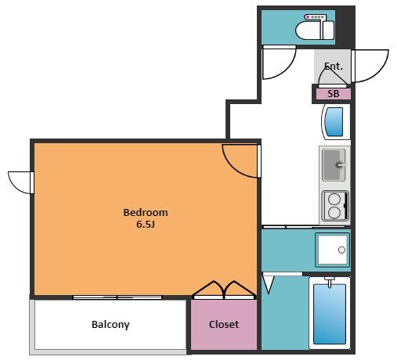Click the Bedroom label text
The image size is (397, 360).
(146, 213)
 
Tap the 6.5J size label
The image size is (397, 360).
(146, 225)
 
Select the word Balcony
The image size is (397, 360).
(110, 325)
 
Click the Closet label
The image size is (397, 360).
(224, 325)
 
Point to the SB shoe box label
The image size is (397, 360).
(334, 94)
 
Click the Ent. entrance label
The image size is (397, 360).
(334, 67)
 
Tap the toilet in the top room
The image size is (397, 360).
(315, 30)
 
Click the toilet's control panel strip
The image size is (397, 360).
(316, 17)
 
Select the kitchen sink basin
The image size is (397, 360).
(334, 165)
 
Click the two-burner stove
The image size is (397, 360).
(335, 206)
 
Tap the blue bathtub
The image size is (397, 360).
(330, 314)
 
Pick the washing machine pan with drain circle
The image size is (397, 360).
(333, 250)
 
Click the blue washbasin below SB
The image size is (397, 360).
(334, 122)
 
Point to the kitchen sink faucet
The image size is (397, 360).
(341, 165)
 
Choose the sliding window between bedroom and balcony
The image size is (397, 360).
(117, 297)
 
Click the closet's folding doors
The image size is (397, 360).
(224, 290)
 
